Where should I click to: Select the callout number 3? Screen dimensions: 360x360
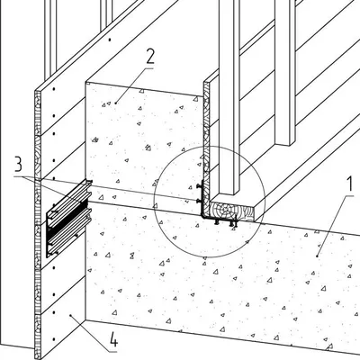pos(18,164)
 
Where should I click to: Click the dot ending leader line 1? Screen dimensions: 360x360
pos(317,256)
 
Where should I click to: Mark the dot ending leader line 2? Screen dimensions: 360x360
pos(116,103)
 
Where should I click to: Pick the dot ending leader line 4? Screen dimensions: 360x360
pos(70,315)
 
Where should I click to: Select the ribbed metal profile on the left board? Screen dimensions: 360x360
pos(68,218)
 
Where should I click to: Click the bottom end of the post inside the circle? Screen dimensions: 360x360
pos(229,194)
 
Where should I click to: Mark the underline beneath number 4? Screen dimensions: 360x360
pos(113,351)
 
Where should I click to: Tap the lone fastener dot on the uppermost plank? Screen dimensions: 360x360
pos(110,40)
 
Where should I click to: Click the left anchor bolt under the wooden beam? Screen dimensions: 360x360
pos(216,222)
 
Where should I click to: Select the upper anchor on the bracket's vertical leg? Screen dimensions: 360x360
pos(198,186)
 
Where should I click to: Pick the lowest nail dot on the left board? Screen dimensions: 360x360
pos(54,339)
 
